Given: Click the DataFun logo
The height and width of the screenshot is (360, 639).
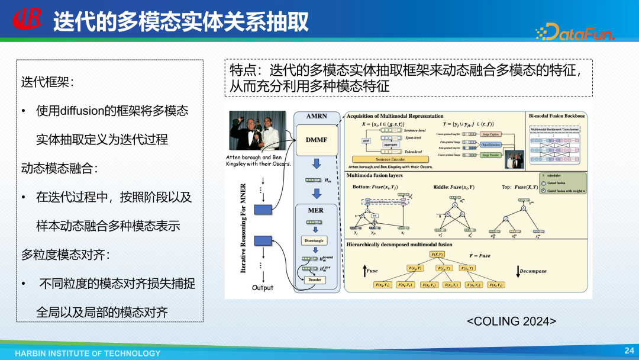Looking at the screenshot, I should pyautogui.click(x=575, y=32).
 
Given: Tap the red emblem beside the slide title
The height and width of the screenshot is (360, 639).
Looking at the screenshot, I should pyautogui.click(x=27, y=20).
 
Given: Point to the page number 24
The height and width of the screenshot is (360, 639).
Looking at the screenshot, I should pyautogui.click(x=629, y=351).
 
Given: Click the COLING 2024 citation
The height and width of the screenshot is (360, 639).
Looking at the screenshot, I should pyautogui.click(x=512, y=321).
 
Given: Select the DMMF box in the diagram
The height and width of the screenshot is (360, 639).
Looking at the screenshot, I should pyautogui.click(x=317, y=140).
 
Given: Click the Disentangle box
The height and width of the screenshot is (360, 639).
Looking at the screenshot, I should pyautogui.click(x=314, y=241).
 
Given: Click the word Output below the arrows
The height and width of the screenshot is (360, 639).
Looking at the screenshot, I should pyautogui.click(x=263, y=288).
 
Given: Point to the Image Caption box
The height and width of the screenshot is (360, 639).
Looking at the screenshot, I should pyautogui.click(x=490, y=134).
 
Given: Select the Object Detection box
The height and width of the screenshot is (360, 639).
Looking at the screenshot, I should pyautogui.click(x=491, y=144).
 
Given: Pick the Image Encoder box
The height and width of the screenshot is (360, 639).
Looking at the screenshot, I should pyautogui.click(x=490, y=155).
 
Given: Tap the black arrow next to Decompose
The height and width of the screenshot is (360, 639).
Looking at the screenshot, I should pyautogui.click(x=518, y=271).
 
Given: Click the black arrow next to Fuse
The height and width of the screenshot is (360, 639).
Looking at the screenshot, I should pyautogui.click(x=365, y=271).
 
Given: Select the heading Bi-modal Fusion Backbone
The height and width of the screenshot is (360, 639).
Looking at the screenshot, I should pyautogui.click(x=557, y=116).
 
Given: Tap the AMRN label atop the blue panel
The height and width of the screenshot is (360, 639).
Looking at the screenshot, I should pyautogui.click(x=317, y=117).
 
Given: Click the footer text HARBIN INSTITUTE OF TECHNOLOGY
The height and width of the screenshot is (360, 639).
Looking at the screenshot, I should pyautogui.click(x=88, y=353).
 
